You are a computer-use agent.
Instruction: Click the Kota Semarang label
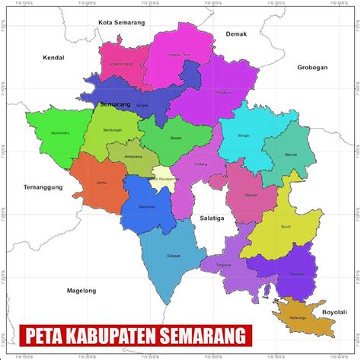click(x=122, y=23)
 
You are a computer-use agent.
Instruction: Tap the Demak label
click(x=237, y=34)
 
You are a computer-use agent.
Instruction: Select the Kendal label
click(x=54, y=58)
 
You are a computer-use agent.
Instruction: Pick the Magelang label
click(x=81, y=290)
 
